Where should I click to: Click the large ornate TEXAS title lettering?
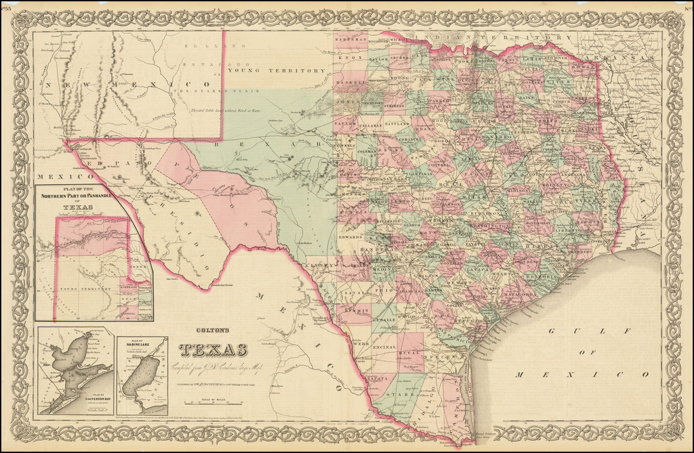click(213, 349)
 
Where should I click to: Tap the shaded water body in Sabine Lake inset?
click(141, 376)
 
